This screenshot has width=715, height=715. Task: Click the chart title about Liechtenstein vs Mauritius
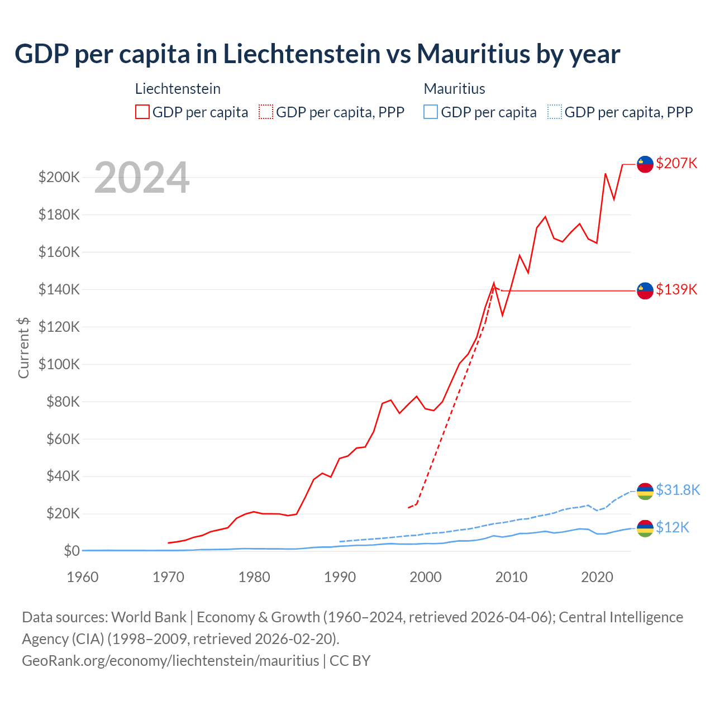coord(317,54)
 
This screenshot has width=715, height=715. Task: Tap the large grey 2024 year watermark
coord(142,178)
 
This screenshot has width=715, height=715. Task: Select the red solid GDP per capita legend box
coord(142,112)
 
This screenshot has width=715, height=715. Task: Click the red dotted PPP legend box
coord(266,112)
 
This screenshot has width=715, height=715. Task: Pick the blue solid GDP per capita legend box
coord(431,112)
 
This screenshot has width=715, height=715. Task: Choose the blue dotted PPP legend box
coord(555,112)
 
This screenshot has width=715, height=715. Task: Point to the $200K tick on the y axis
coord(59,178)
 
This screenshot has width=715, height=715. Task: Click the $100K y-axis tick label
coord(59,364)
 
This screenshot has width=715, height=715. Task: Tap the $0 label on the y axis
coord(71,551)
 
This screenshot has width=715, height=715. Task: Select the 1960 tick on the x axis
coord(83,577)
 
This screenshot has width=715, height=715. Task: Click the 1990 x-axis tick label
coord(340,577)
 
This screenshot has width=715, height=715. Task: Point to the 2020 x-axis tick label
coord(597,577)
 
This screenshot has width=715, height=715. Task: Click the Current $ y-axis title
coord(23,347)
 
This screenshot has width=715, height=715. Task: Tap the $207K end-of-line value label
coord(676,164)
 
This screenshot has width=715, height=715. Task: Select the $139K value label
coord(676,290)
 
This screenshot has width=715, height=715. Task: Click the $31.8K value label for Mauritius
coord(678,490)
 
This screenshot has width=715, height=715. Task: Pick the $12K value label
coord(673,528)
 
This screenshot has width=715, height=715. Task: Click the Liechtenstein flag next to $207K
coord(645,164)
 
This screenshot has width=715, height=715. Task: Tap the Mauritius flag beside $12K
coord(645,528)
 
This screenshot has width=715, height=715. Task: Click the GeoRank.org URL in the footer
coord(170,661)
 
